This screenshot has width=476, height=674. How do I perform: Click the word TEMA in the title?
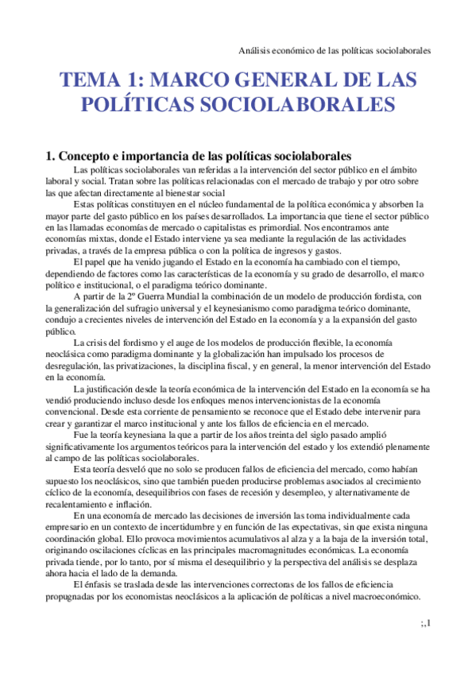coord(89,80)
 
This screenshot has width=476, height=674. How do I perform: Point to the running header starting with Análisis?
coord(335,50)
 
